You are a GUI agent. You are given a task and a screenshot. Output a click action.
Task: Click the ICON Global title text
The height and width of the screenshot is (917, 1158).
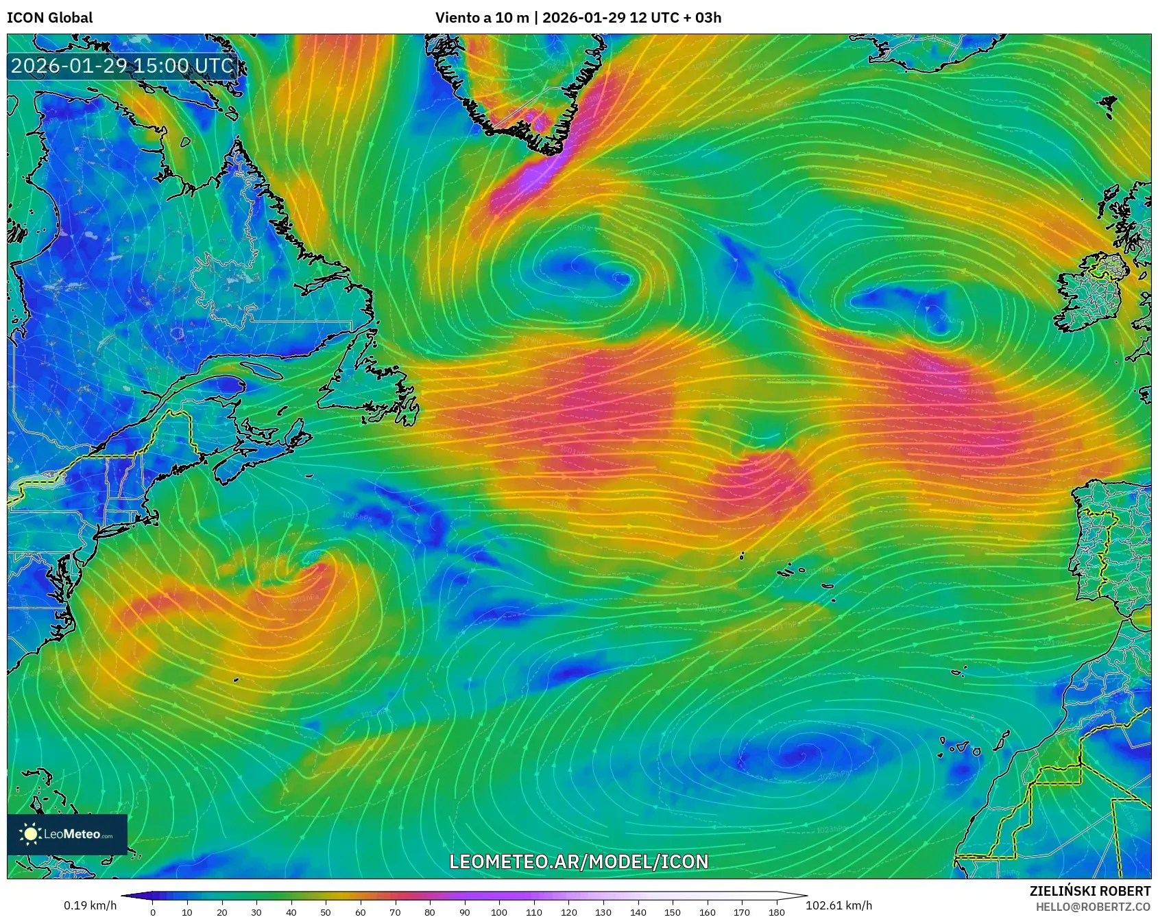click(x=49, y=18)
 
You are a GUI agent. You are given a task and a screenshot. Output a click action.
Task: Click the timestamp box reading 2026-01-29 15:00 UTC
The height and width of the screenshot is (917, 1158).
click(x=122, y=66)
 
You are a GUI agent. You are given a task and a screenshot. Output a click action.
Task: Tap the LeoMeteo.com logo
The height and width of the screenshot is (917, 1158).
click(x=67, y=834)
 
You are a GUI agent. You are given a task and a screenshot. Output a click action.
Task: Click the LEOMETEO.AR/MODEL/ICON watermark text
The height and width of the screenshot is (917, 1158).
click(x=579, y=861)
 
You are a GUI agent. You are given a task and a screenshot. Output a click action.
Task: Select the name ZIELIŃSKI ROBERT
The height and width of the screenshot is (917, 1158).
click(x=1089, y=891)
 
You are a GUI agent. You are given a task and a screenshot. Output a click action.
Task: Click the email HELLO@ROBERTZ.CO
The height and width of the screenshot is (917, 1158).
click(x=1093, y=907)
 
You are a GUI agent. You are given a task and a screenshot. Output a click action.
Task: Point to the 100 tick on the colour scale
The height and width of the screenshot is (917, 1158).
click(x=499, y=912)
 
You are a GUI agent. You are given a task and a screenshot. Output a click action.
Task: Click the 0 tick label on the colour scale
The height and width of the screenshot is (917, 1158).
click(x=153, y=912)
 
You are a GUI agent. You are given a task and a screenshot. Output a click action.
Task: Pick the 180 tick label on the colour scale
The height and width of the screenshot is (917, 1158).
click(x=776, y=912)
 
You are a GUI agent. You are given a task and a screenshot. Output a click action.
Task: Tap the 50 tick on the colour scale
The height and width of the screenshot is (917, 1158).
click(x=326, y=912)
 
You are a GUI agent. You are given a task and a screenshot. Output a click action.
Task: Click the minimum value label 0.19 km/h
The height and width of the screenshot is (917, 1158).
click(x=90, y=905)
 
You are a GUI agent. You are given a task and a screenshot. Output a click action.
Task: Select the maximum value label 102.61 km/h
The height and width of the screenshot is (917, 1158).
click(x=839, y=905)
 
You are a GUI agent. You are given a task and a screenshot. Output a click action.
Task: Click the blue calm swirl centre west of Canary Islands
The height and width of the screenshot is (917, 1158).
click(x=799, y=754)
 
